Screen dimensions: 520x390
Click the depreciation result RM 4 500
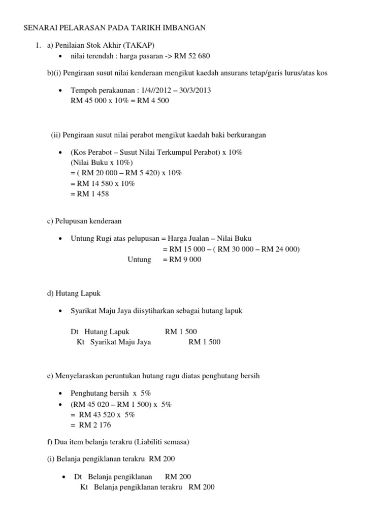[151, 101]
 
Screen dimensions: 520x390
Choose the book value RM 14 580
[99, 183]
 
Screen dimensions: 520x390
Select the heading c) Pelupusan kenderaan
[84, 221]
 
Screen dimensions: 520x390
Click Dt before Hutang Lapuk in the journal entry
[75, 332]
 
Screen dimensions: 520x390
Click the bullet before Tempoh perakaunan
[61, 90]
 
